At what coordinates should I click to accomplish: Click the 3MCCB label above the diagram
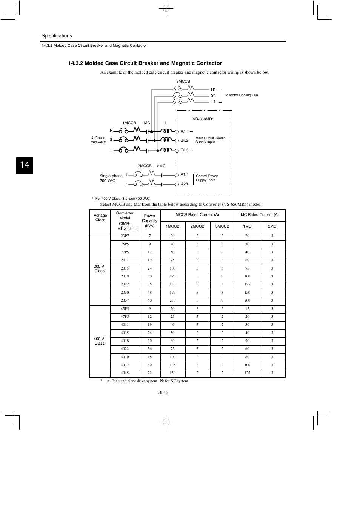[x=183, y=82]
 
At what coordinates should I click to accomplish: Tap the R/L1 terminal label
[x=184, y=132]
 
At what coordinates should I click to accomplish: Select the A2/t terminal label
[x=184, y=184]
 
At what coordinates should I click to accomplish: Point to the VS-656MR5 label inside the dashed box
[x=203, y=119]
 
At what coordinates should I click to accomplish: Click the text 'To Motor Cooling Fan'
[x=241, y=95]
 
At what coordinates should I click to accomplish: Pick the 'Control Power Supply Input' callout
[x=207, y=178]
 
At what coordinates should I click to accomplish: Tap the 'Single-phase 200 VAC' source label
[x=111, y=178]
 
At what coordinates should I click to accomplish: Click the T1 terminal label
[x=213, y=102]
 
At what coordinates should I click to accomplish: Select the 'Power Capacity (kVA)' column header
[x=150, y=221]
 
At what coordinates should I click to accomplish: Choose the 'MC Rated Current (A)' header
[x=260, y=215]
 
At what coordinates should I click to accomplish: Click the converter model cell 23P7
[x=125, y=236]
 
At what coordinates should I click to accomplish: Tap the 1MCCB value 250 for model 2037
[x=172, y=300]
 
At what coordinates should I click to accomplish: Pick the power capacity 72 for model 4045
[x=150, y=373]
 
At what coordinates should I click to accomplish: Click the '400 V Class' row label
[x=99, y=341]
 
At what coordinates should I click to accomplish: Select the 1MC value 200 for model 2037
[x=247, y=300]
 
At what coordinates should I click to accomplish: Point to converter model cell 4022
[x=125, y=349]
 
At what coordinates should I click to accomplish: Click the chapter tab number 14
[x=25, y=165]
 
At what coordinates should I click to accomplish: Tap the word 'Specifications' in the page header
[x=57, y=36]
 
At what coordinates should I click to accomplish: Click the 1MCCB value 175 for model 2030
[x=172, y=293]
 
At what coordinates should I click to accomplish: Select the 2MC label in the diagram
[x=161, y=166]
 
